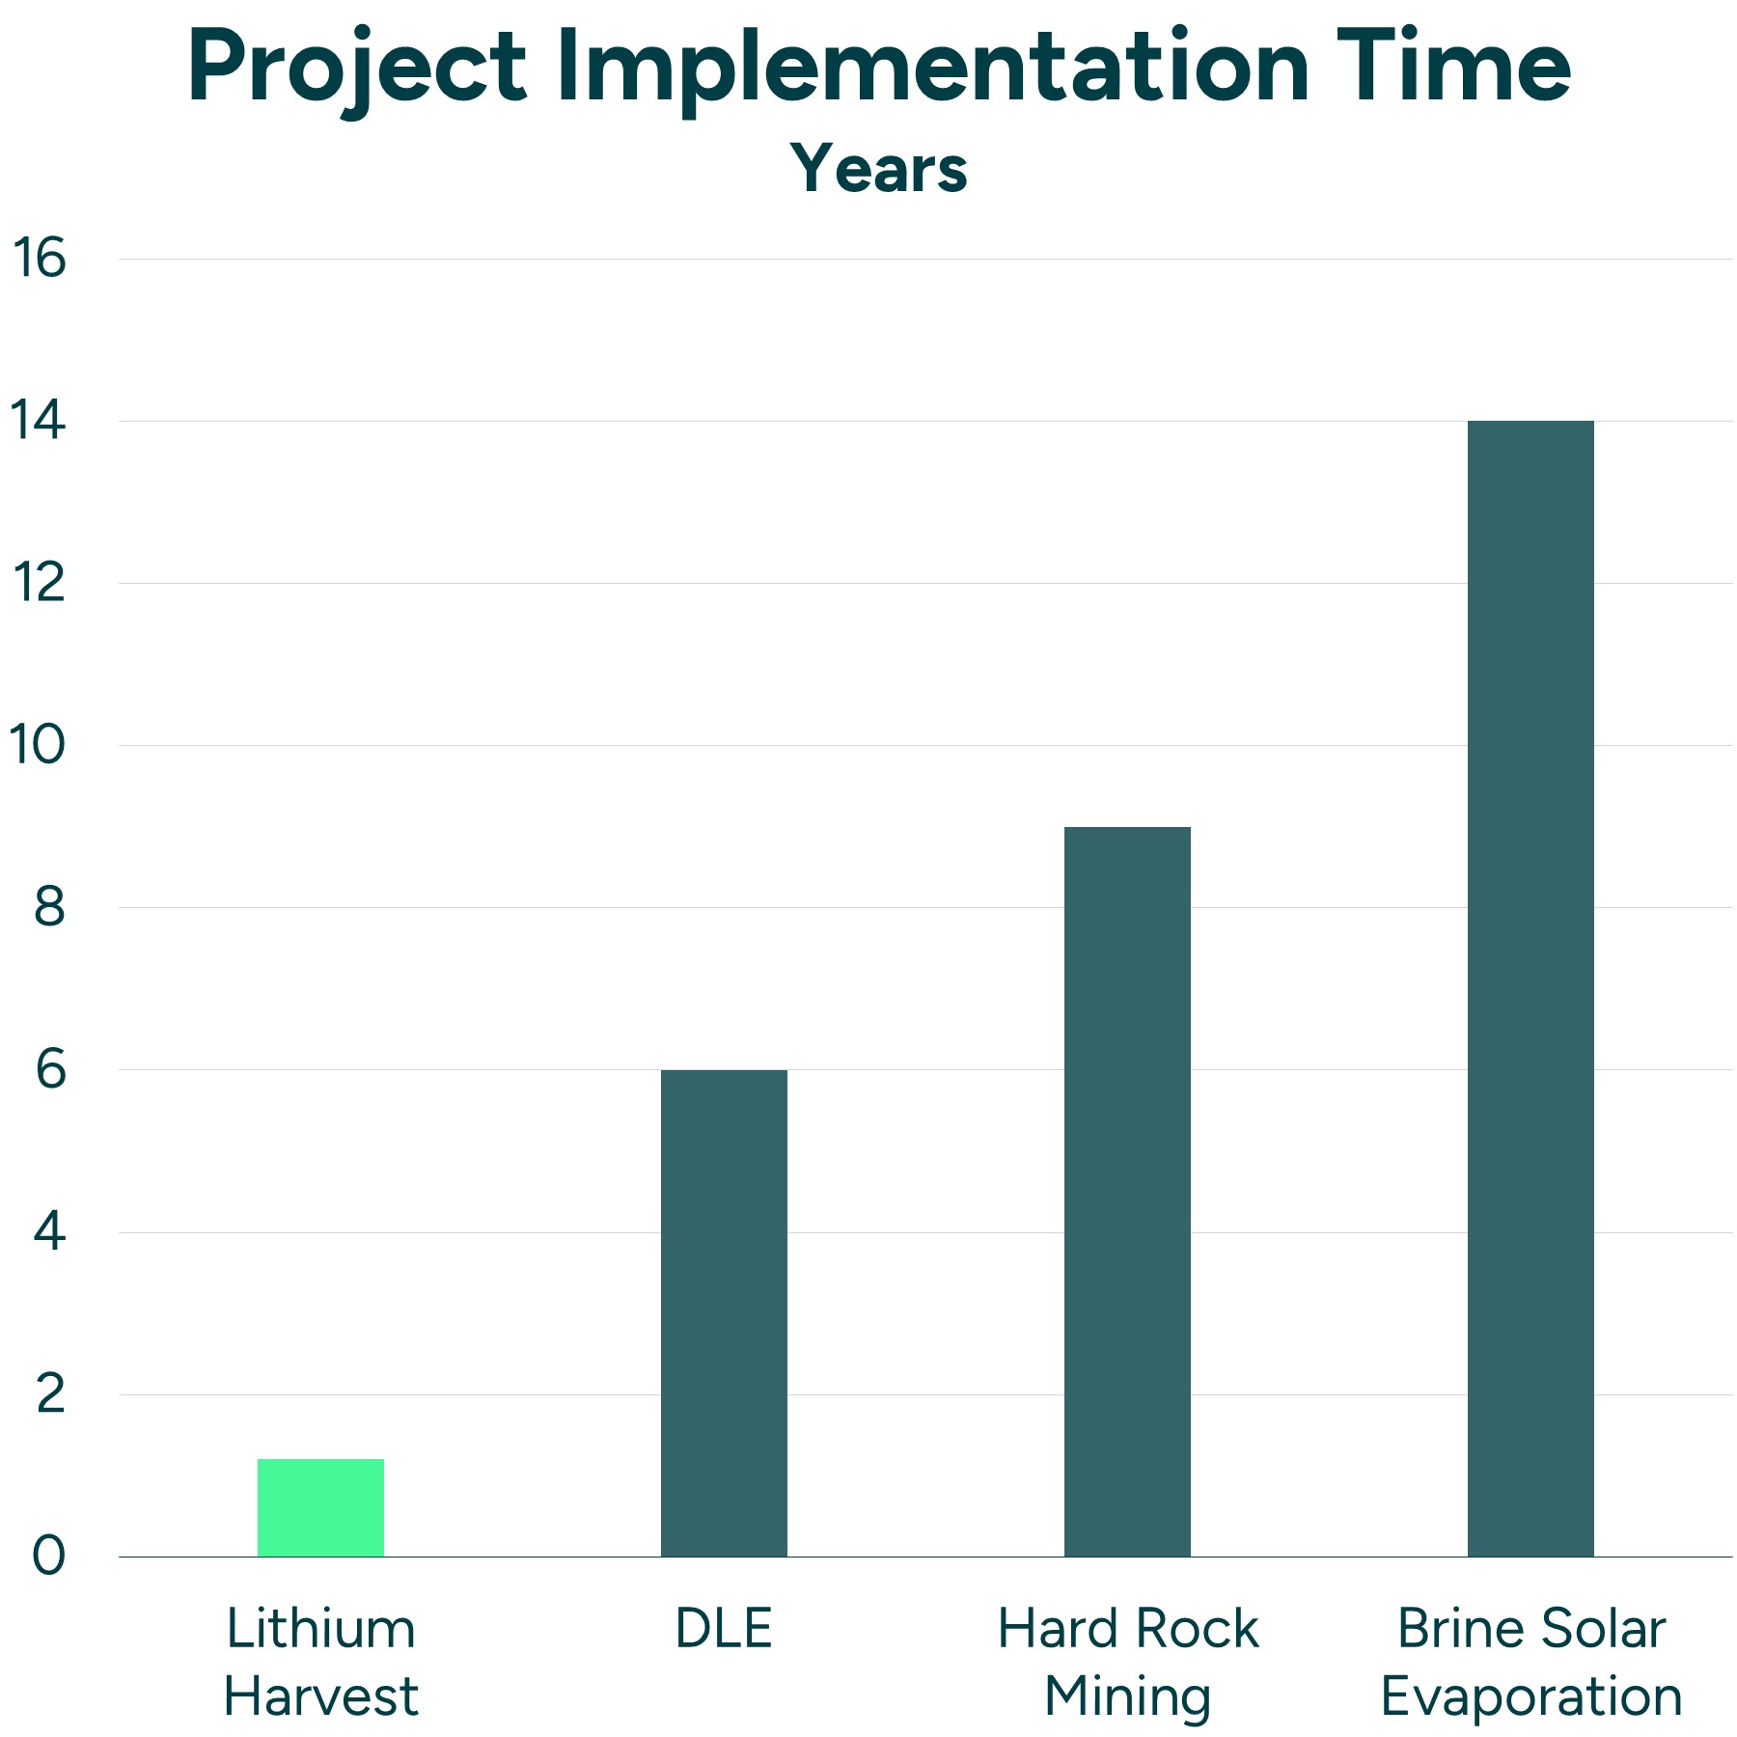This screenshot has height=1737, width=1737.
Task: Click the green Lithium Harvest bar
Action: (320, 1507)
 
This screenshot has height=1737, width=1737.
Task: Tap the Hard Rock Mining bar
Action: (1127, 1192)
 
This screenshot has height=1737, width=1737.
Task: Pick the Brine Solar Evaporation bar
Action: (1530, 989)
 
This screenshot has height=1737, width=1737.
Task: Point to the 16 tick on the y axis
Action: (39, 259)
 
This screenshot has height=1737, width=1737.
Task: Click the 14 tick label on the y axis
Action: (39, 421)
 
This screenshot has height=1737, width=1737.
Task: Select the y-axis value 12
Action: (39, 583)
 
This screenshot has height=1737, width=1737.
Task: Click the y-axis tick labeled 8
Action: (48, 907)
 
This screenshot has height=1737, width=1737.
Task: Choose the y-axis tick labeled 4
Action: (48, 1232)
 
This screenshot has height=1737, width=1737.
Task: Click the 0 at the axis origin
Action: (48, 1557)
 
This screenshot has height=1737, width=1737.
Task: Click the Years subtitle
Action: (878, 169)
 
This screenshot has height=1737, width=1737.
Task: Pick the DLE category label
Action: (724, 1630)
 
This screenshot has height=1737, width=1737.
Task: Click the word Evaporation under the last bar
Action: (1531, 1697)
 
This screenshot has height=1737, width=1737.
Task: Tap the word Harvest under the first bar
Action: (320, 1697)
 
